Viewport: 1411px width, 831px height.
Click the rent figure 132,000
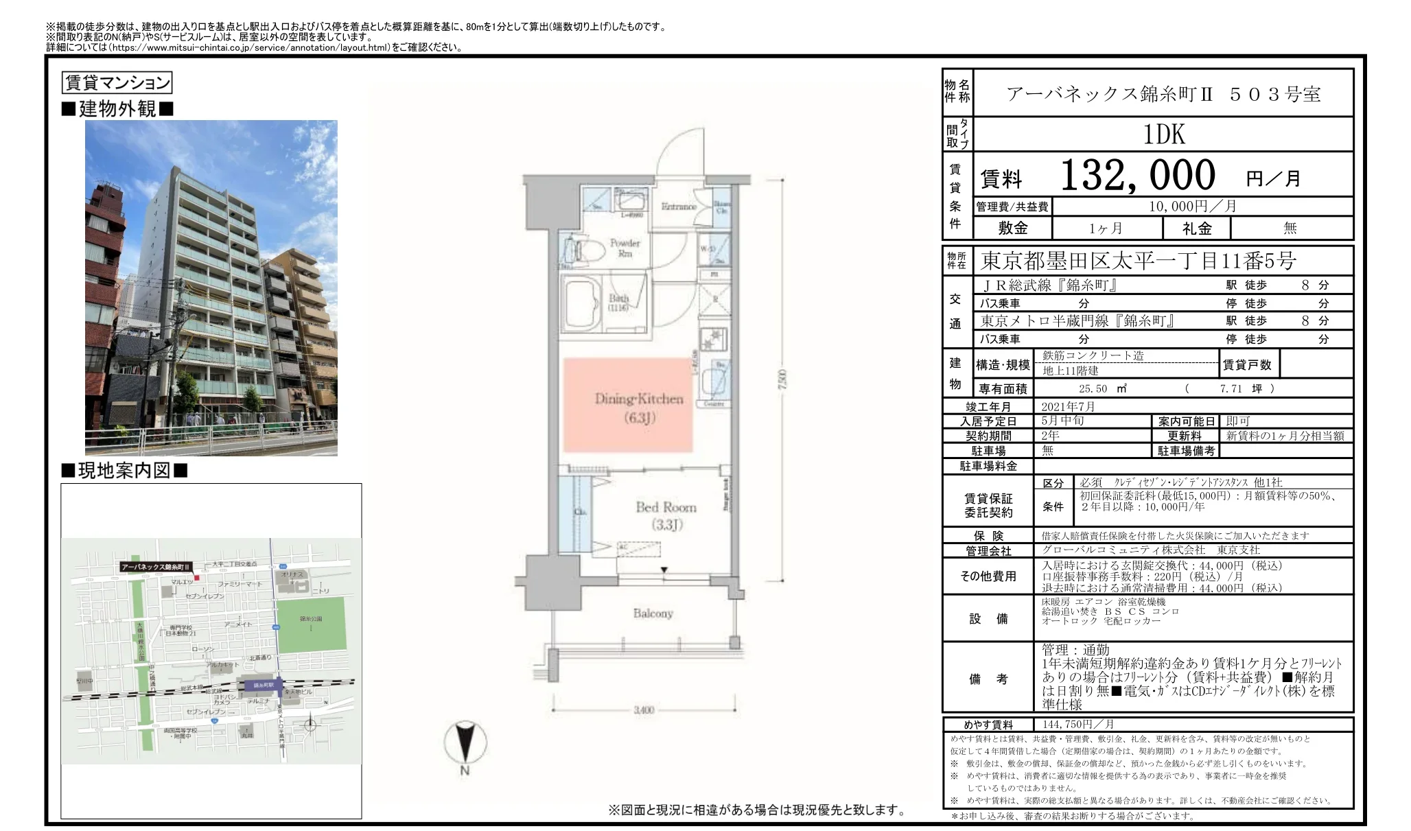coord(1137,175)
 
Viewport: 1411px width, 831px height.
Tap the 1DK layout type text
coord(1164,134)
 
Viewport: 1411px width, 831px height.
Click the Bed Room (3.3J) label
coord(665,515)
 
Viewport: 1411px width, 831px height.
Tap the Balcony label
coord(653,613)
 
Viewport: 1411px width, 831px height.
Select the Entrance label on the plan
coord(678,206)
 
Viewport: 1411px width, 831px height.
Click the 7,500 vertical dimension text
coord(783,381)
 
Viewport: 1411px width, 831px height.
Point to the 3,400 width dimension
coord(643,710)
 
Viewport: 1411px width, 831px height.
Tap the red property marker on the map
coord(196,578)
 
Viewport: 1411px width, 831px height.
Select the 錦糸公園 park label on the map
coord(310,618)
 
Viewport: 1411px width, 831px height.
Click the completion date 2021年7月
coord(1068,406)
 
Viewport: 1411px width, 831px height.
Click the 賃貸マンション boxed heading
coord(117,83)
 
